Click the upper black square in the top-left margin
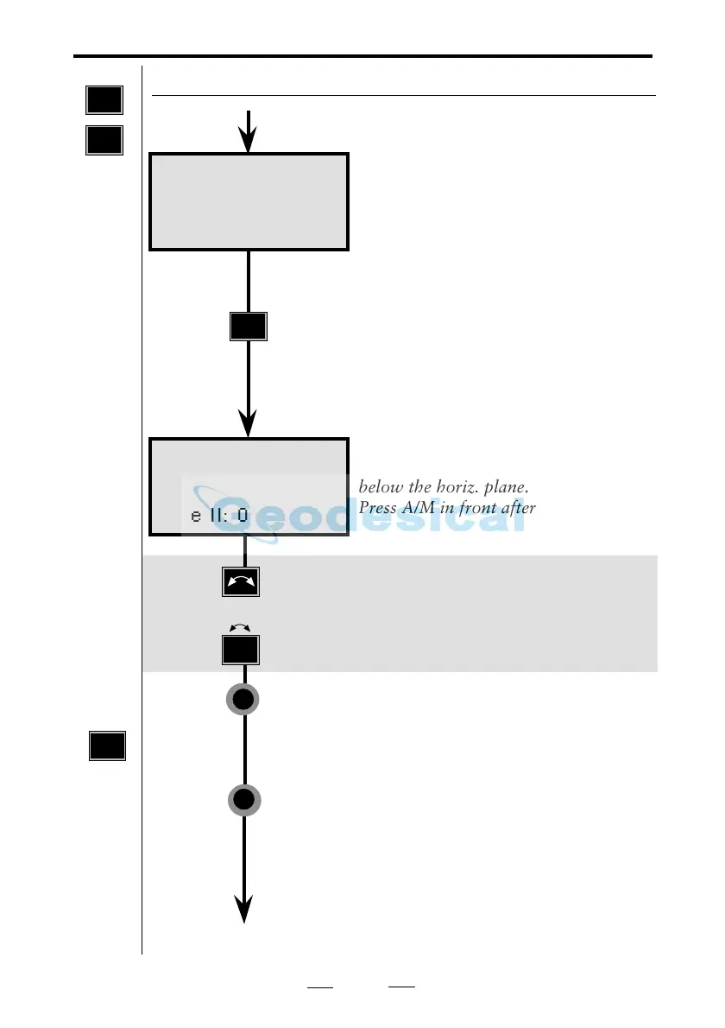[104, 100]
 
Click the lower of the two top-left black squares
[104, 139]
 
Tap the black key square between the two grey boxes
[249, 327]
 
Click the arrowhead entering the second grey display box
[249, 424]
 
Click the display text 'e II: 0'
[219, 516]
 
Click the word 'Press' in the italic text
[377, 507]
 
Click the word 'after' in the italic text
[517, 507]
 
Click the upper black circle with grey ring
[244, 701]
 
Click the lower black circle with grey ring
[244, 800]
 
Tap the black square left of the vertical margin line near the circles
[107, 746]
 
